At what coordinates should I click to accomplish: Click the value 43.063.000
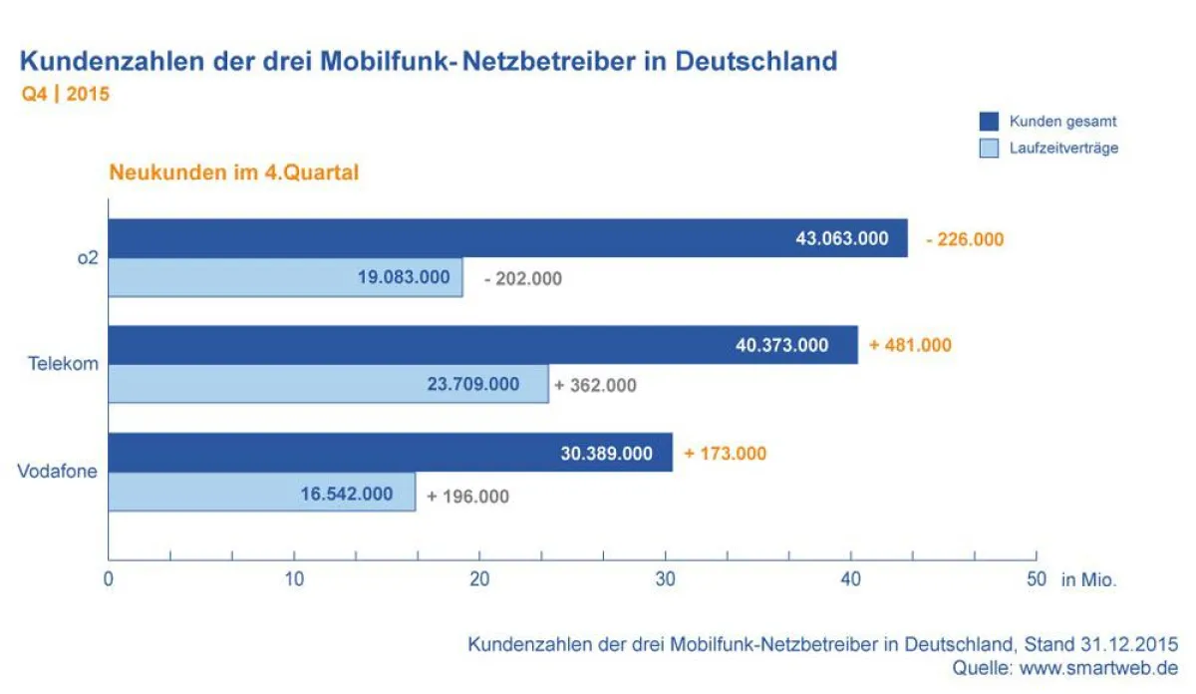tap(841, 239)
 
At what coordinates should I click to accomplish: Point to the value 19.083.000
tap(404, 278)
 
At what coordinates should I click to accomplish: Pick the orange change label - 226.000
tap(964, 239)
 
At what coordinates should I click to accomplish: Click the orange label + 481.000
tap(910, 345)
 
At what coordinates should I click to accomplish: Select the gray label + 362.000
tap(596, 385)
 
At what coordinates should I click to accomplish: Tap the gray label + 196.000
tap(467, 497)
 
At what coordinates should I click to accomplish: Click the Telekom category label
tap(62, 364)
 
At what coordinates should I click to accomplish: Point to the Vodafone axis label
tap(58, 471)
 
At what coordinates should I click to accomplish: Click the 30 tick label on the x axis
tap(665, 579)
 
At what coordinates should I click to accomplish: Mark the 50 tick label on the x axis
tap(1036, 579)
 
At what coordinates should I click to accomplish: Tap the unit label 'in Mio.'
tap(1088, 580)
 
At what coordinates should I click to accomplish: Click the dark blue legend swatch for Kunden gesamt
tap(988, 122)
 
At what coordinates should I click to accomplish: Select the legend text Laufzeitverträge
tap(1062, 149)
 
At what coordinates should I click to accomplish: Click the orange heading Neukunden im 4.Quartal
tap(233, 173)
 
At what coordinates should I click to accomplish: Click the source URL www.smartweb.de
tap(1098, 668)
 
